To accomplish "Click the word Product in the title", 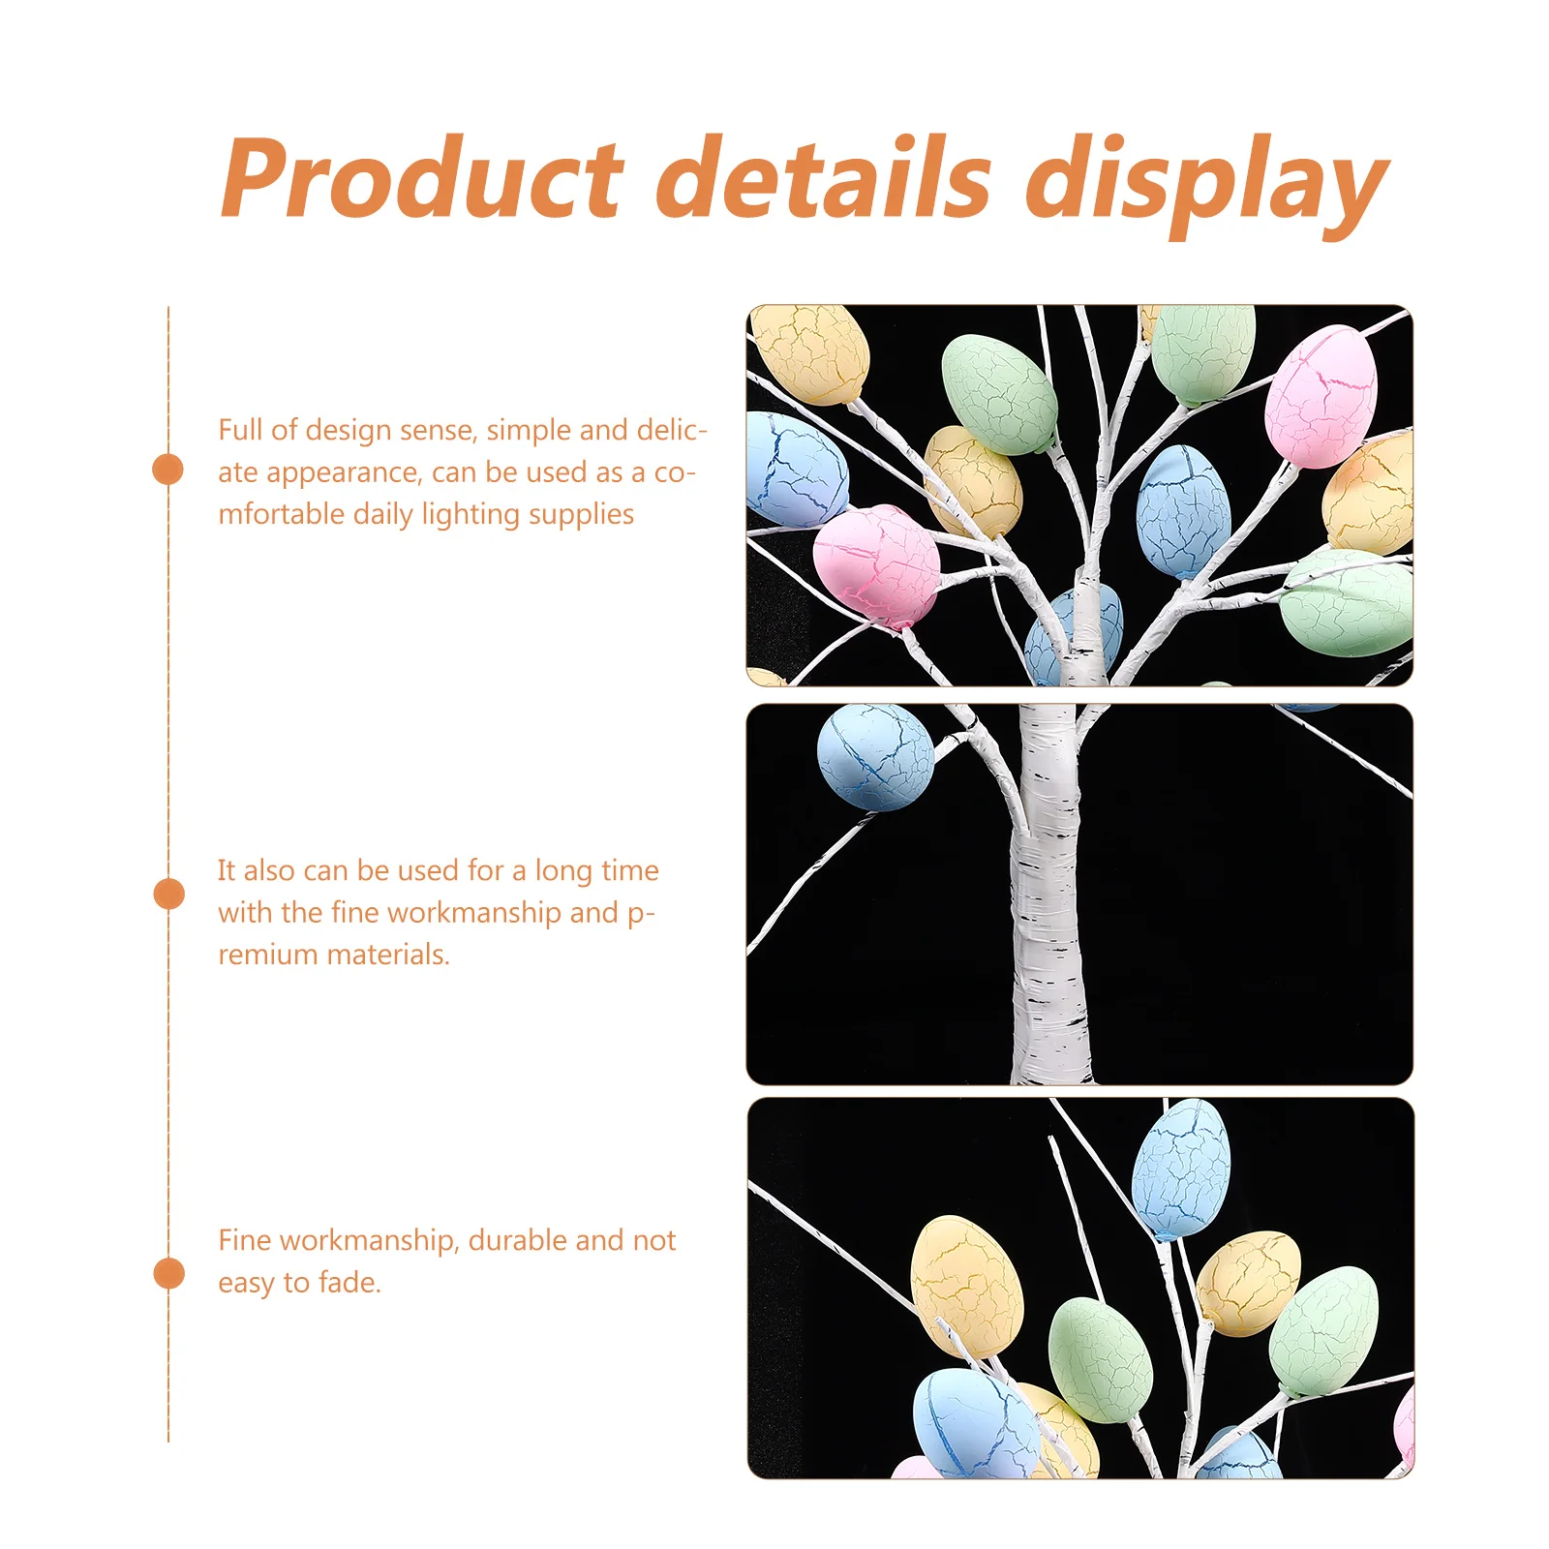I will click(422, 178).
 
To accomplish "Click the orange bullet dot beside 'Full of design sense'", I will click(168, 470).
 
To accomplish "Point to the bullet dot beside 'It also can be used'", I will click(168, 894).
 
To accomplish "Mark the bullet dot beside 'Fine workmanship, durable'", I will click(168, 1273).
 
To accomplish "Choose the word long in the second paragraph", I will click(562, 871).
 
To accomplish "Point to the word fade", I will click(349, 1283).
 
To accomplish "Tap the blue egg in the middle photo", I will click(875, 756).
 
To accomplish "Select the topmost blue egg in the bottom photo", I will click(1181, 1169).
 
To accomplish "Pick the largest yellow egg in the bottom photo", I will click(966, 1285).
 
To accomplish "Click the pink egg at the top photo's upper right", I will click(1321, 397).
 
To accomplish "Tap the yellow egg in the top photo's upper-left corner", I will click(811, 352).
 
